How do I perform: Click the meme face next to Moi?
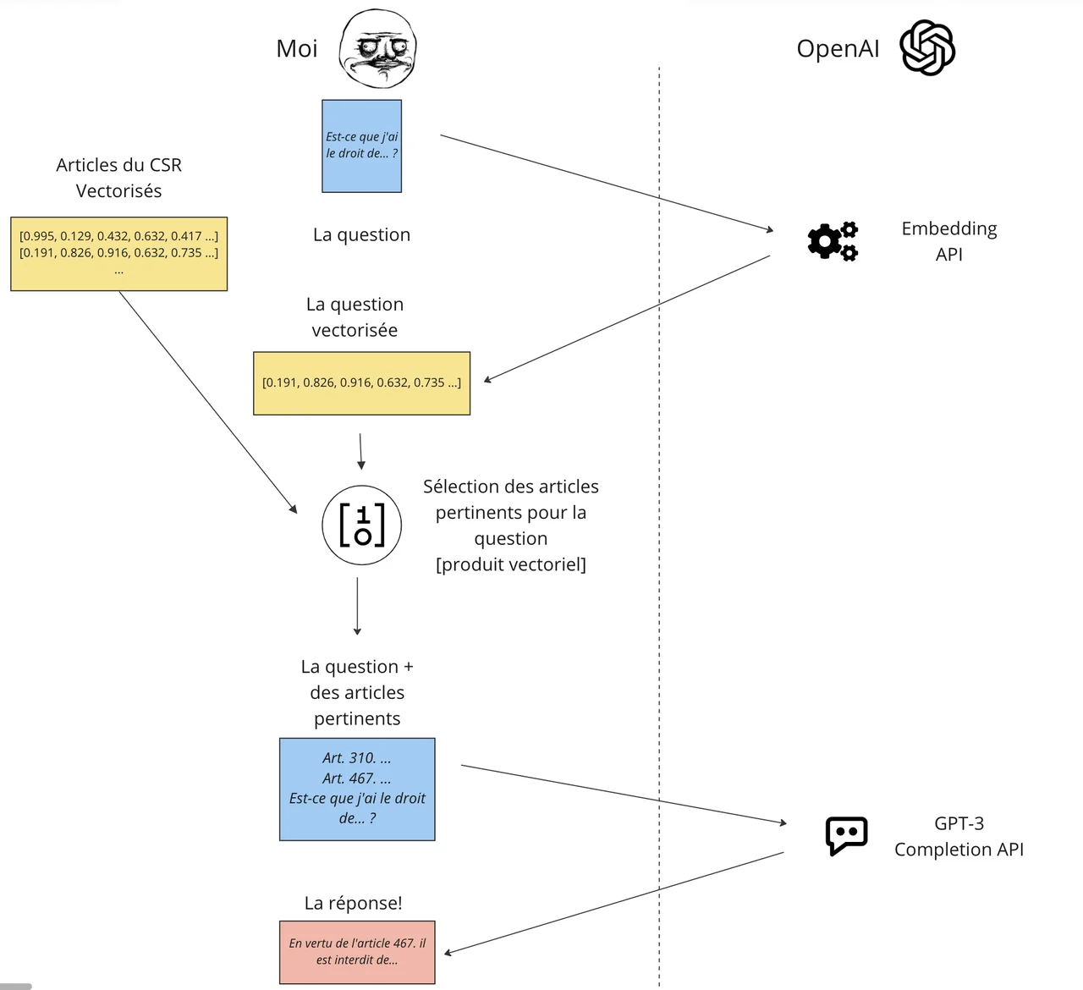click(378, 47)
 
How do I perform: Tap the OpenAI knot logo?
click(927, 48)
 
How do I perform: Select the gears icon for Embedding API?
click(833, 241)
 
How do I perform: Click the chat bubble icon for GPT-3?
click(846, 836)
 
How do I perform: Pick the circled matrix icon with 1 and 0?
click(361, 525)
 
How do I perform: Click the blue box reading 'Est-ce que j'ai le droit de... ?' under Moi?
click(361, 146)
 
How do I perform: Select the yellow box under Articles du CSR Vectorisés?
click(118, 254)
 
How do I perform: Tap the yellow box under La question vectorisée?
click(361, 383)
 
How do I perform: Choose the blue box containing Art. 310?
click(357, 789)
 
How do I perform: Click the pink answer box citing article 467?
click(357, 952)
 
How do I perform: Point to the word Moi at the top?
click(297, 48)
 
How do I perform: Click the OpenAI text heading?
click(838, 49)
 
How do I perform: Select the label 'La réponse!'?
click(353, 903)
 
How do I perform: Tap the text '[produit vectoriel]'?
click(510, 564)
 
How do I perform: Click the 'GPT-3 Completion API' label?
click(959, 836)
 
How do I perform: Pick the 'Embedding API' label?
click(948, 241)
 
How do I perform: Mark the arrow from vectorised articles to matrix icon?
click(207, 402)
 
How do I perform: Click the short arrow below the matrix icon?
click(357, 606)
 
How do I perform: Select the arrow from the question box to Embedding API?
click(606, 182)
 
